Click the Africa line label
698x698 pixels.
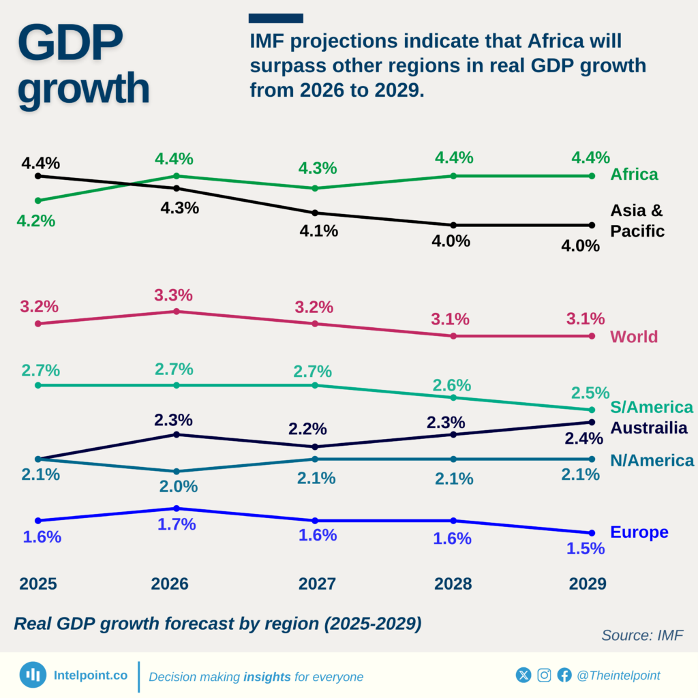coord(634,174)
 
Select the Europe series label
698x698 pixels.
coord(639,532)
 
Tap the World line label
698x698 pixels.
coord(634,337)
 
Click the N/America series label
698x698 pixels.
coord(652,460)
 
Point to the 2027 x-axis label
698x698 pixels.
coord(317,584)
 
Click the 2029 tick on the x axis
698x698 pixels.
coord(588,584)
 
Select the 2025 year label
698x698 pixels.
coord(38,584)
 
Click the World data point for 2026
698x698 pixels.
coord(177,312)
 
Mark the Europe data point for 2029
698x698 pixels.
coord(591,533)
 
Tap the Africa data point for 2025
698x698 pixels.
coord(38,200)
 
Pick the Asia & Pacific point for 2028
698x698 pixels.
coord(453,225)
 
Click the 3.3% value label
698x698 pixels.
coord(174,295)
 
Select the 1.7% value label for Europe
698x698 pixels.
coord(177,524)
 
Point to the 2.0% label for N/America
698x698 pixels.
coord(179,487)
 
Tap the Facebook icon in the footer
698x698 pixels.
coord(564,676)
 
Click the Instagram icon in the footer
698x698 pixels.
coord(544,676)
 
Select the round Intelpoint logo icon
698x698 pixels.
coord(33,676)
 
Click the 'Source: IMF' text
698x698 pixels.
coord(641,635)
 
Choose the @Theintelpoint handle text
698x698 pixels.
coord(618,676)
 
